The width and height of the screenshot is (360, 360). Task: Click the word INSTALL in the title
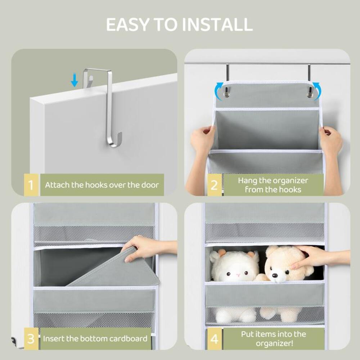[x=217, y=24]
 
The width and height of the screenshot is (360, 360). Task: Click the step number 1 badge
[x=31, y=185]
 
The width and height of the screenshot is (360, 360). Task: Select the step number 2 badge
[x=214, y=185]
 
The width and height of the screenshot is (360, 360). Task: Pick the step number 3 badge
[x=31, y=339]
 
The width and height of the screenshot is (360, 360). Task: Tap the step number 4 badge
[x=214, y=339]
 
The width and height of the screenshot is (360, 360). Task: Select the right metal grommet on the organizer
[x=309, y=95]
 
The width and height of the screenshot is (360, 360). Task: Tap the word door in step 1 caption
[x=149, y=185]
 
